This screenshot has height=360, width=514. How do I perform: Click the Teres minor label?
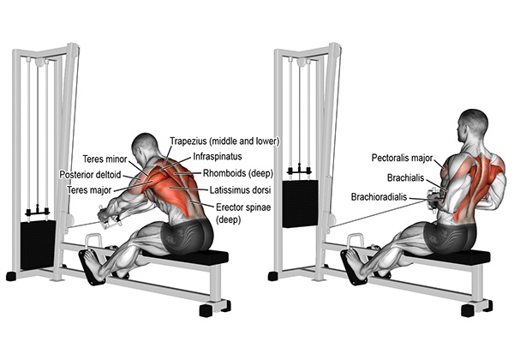[105, 159]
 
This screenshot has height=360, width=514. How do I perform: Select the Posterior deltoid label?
[90, 174]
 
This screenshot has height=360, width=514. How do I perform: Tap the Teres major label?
[89, 189]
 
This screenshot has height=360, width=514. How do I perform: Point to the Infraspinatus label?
[218, 156]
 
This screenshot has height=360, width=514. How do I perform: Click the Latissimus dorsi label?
[240, 189]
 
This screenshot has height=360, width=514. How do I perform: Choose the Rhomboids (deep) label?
[238, 173]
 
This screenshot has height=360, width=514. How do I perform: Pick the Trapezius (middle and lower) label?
[224, 141]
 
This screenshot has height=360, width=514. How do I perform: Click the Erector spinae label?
[243, 207]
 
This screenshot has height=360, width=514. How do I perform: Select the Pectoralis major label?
[402, 158]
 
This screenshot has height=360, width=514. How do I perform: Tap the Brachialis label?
[405, 178]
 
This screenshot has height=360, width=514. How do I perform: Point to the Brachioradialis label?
[379, 197]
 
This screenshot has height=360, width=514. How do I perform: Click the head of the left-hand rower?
[144, 147]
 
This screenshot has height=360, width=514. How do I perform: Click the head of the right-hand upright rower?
[473, 125]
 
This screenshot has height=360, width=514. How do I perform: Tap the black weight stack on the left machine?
[38, 245]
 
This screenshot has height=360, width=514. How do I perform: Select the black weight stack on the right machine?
[301, 204]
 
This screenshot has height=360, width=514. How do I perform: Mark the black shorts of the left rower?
[186, 236]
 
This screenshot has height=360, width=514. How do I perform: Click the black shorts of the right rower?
[450, 236]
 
